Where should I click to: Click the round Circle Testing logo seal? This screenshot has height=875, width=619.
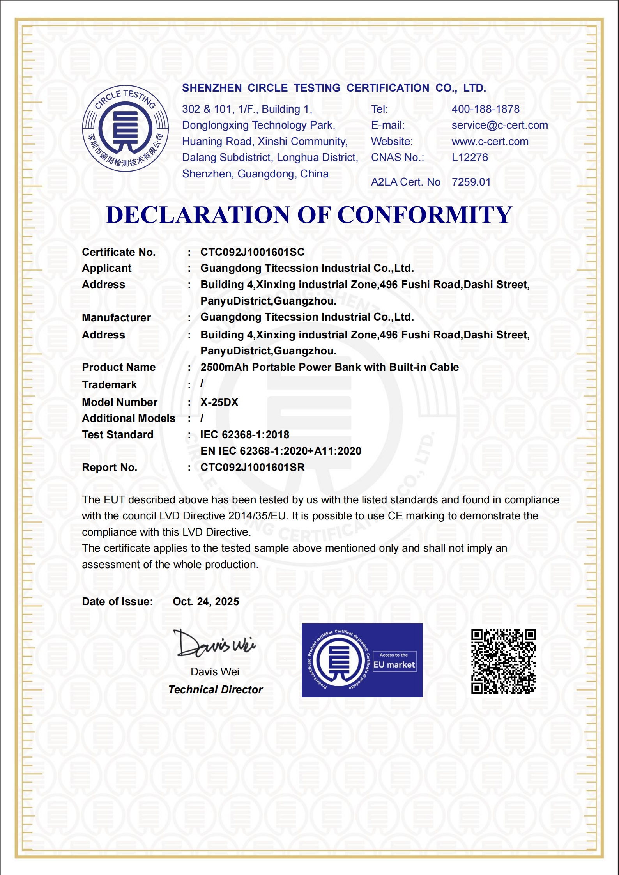tap(125, 128)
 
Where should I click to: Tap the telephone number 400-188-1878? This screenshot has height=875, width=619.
tap(485, 109)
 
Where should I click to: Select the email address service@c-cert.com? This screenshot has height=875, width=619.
tap(499, 125)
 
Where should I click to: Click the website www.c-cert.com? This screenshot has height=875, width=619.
tap(490, 142)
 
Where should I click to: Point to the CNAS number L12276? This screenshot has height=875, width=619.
tap(469, 158)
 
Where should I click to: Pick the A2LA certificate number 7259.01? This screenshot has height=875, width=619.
tap(471, 182)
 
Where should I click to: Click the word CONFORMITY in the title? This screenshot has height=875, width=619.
tap(424, 215)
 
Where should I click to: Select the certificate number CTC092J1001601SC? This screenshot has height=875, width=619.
tap(252, 252)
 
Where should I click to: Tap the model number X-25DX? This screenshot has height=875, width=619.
tap(219, 402)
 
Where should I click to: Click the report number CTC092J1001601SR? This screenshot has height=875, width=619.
tap(252, 468)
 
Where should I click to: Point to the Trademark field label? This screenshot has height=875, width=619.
tap(109, 385)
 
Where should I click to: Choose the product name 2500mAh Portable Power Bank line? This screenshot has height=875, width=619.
tap(329, 367)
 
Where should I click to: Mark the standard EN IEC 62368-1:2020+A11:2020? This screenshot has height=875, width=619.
tap(281, 451)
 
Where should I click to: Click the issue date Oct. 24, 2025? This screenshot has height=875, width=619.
tap(206, 602)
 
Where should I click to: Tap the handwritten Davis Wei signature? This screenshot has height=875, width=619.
tap(214, 644)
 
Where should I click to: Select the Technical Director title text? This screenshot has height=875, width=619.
tap(215, 690)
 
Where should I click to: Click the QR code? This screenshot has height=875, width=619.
tap(503, 661)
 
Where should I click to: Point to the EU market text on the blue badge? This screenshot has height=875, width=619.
tap(394, 665)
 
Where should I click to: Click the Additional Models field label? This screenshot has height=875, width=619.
tap(128, 418)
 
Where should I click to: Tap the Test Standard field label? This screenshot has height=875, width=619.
tap(117, 435)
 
